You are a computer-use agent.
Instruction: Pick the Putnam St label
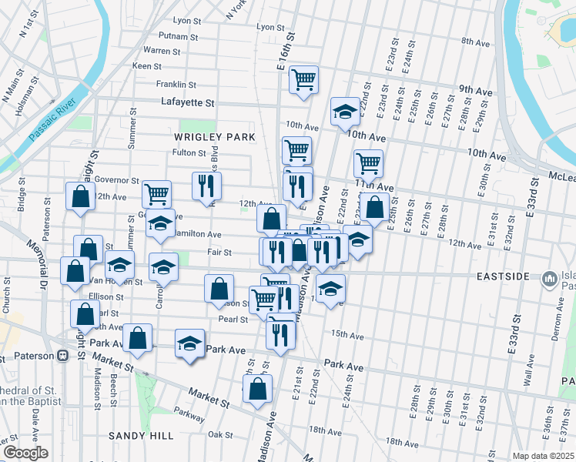click(179, 36)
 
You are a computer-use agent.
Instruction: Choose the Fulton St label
click(189, 152)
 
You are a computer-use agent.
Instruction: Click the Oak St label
click(219, 434)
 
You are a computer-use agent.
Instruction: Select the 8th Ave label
click(476, 40)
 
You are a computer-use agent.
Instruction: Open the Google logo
click(25, 453)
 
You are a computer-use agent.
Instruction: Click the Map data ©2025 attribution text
click(543, 456)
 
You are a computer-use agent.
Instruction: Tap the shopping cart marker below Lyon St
click(304, 79)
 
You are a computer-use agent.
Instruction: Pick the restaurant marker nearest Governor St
click(206, 184)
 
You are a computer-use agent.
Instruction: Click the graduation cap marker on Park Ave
click(189, 343)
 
